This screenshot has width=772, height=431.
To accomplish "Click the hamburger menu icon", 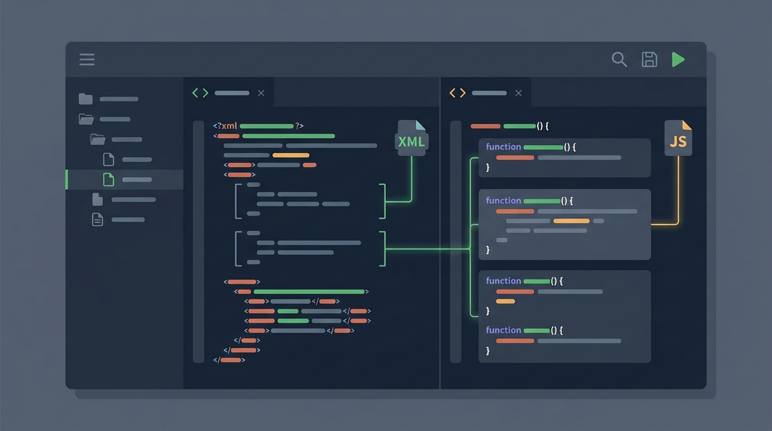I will click(x=87, y=59).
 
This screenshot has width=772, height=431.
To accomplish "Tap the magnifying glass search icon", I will click(x=619, y=59).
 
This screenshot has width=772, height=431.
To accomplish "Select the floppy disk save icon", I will click(x=649, y=59).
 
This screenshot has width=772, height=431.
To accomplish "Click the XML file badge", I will click(x=412, y=138).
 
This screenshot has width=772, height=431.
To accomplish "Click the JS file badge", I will click(x=678, y=138).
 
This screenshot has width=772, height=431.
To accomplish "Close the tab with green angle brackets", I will click(x=261, y=93).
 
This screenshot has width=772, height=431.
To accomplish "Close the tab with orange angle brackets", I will click(x=518, y=93).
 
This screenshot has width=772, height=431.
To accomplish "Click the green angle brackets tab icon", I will click(x=200, y=93).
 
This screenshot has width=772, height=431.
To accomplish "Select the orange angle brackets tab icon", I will click(x=458, y=93).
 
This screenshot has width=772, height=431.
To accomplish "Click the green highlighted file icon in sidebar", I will click(x=108, y=180).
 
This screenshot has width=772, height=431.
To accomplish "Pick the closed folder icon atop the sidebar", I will click(x=85, y=99).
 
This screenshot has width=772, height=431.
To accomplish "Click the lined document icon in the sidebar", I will click(x=98, y=219).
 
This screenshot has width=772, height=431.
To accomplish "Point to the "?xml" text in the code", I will click(x=226, y=126).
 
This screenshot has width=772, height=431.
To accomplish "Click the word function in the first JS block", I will click(x=503, y=147).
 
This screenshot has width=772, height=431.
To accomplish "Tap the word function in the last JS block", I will click(x=503, y=330).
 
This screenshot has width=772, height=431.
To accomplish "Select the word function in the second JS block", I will click(x=503, y=200).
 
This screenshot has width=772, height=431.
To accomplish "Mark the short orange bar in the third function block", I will click(x=506, y=301).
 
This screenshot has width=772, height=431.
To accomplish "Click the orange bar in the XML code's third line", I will click(x=291, y=155).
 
